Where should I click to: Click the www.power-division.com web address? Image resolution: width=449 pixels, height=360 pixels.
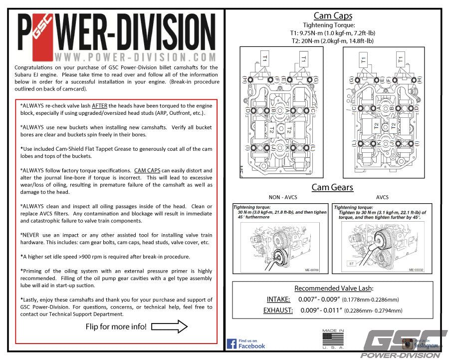click(x=135, y=57)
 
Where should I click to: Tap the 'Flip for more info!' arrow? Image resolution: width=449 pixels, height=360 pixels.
click(x=169, y=327)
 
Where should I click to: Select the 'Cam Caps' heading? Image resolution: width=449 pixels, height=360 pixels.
click(x=333, y=16)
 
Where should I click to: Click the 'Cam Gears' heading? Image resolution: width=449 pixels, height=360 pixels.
click(x=332, y=187)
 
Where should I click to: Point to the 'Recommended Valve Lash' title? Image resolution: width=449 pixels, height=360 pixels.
click(x=333, y=288)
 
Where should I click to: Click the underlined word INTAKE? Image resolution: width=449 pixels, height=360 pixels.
click(x=278, y=299)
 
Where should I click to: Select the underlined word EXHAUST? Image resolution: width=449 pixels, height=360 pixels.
click(x=278, y=310)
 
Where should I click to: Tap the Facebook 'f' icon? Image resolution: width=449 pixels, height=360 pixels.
click(x=231, y=344)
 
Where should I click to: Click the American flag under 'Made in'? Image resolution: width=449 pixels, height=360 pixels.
click(x=333, y=340)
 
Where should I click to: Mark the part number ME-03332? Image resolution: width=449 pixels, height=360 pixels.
click(x=418, y=270)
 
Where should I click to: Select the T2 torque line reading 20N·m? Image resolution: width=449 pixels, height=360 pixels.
click(x=333, y=41)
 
